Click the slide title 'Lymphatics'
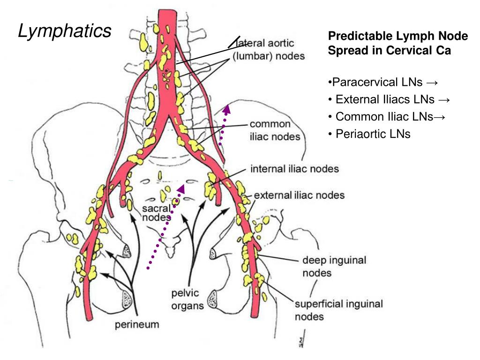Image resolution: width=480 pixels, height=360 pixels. pos(65,31)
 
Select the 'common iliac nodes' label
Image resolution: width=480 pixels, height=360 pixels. pos(275,130)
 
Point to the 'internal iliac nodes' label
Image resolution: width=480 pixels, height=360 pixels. pos(294,169)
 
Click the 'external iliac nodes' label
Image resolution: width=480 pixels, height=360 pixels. pos(299,195)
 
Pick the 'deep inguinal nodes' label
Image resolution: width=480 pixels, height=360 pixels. pos(334,266)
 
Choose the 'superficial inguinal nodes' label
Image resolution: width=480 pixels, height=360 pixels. pos(338,310)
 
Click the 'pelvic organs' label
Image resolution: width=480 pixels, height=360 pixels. pos(187,300)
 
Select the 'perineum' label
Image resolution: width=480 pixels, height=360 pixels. pos(137,324)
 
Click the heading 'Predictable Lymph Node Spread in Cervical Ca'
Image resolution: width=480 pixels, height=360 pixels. pos(391,44)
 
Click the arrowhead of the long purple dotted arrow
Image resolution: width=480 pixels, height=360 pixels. pos(180,188)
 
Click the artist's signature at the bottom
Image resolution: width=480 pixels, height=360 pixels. pos(300,342)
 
